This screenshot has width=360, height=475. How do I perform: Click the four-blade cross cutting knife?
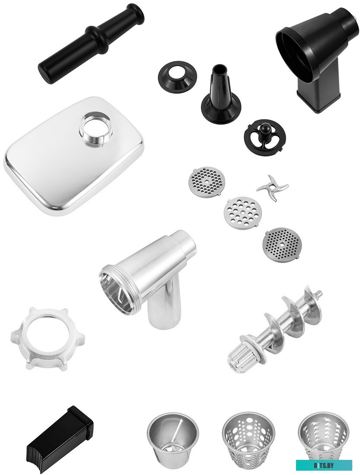coord(272,188)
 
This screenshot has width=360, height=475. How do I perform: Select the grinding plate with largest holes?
coord(242,211)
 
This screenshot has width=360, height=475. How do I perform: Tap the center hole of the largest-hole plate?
coord(242,211)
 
